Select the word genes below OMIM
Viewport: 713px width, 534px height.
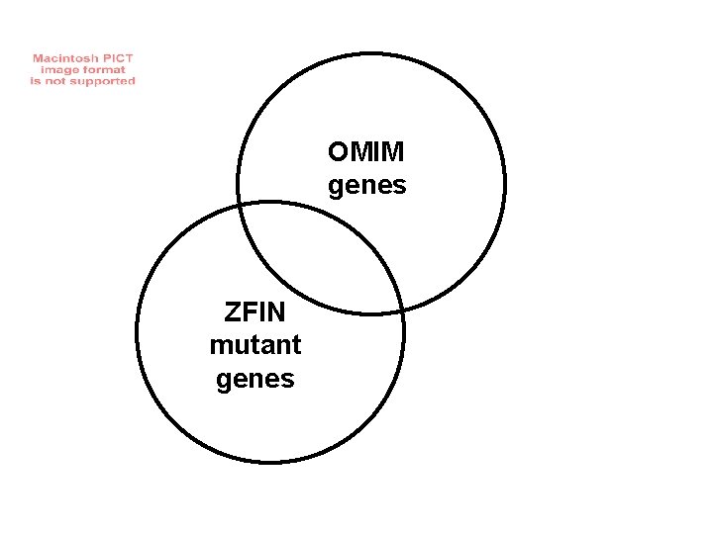(x=366, y=186)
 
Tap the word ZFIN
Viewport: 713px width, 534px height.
(x=255, y=313)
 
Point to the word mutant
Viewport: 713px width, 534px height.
(x=255, y=346)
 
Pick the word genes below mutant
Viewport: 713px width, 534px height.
(x=255, y=379)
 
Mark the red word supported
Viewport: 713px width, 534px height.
(x=108, y=81)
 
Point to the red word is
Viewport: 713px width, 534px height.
(x=38, y=81)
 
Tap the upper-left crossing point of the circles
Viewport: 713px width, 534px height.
(x=240, y=206)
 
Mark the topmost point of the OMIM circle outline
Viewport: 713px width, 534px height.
(x=370, y=53)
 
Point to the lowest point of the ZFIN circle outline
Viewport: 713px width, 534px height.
(x=270, y=461)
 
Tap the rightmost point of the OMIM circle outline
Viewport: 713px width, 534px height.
(x=504, y=184)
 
